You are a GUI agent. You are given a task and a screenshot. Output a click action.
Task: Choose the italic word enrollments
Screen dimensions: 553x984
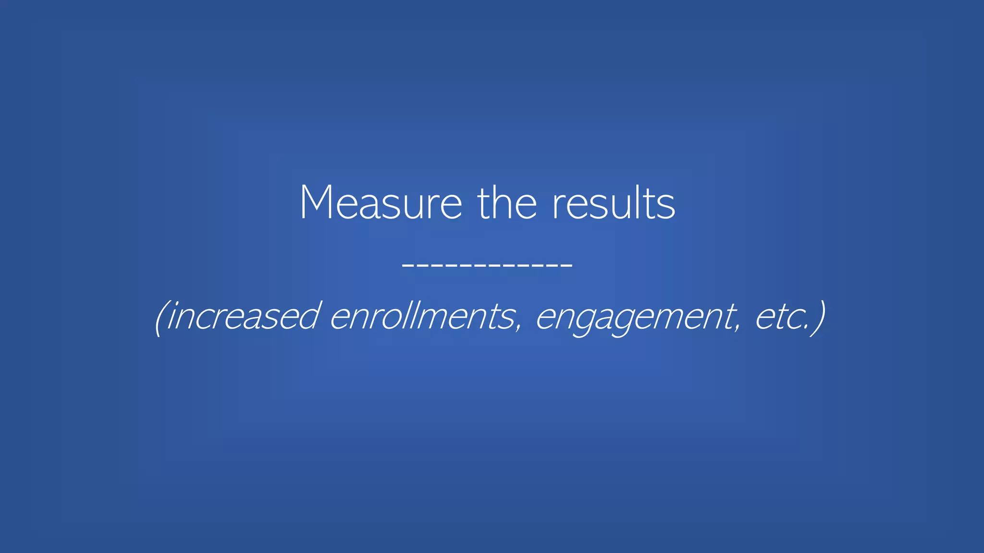coord(423,317)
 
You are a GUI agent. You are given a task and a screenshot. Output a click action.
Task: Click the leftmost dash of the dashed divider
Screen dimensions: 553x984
coord(408,265)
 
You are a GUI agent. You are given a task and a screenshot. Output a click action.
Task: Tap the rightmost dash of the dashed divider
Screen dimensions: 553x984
coord(566,265)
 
